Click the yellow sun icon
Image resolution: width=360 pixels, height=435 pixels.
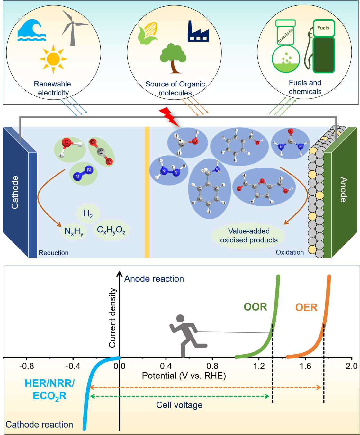click(x=53, y=59)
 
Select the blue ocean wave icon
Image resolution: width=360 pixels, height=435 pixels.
click(x=32, y=31)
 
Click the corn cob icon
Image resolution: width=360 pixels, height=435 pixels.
click(x=148, y=33)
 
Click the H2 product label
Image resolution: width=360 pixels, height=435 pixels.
click(x=88, y=213)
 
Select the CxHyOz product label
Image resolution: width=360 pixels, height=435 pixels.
click(x=111, y=230)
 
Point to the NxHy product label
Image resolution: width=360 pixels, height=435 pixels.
click(x=74, y=231)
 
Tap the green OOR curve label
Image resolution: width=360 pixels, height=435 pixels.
click(x=255, y=307)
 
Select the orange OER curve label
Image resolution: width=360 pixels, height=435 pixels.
click(x=306, y=308)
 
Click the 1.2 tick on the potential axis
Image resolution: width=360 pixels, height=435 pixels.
click(x=259, y=366)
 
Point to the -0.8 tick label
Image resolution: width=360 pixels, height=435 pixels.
click(x=26, y=366)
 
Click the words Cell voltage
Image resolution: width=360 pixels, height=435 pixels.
click(x=179, y=405)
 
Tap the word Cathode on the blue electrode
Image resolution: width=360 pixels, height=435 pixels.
click(x=15, y=192)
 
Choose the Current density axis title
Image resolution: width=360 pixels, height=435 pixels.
click(x=112, y=318)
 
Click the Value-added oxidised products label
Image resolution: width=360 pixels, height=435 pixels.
click(x=249, y=236)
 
